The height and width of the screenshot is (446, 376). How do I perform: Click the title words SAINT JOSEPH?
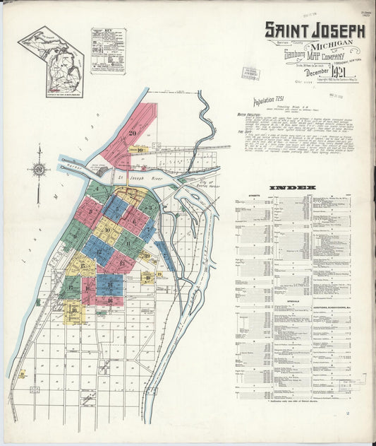click(x=315, y=30)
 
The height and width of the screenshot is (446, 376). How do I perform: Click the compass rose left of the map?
click(x=39, y=168)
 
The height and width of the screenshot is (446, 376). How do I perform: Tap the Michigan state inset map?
click(x=50, y=61)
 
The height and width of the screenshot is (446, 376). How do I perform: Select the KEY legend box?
click(x=108, y=51)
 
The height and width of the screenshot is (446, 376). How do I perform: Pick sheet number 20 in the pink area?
click(x=133, y=132)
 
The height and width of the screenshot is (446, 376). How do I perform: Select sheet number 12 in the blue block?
click(x=99, y=251)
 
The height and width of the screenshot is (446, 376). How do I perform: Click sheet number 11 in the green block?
click(x=127, y=244)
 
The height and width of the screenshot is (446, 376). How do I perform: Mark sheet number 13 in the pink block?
click(x=121, y=263)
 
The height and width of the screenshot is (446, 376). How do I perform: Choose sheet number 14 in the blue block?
click(x=109, y=285)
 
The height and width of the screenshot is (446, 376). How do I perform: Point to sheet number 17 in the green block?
click(x=71, y=288)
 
